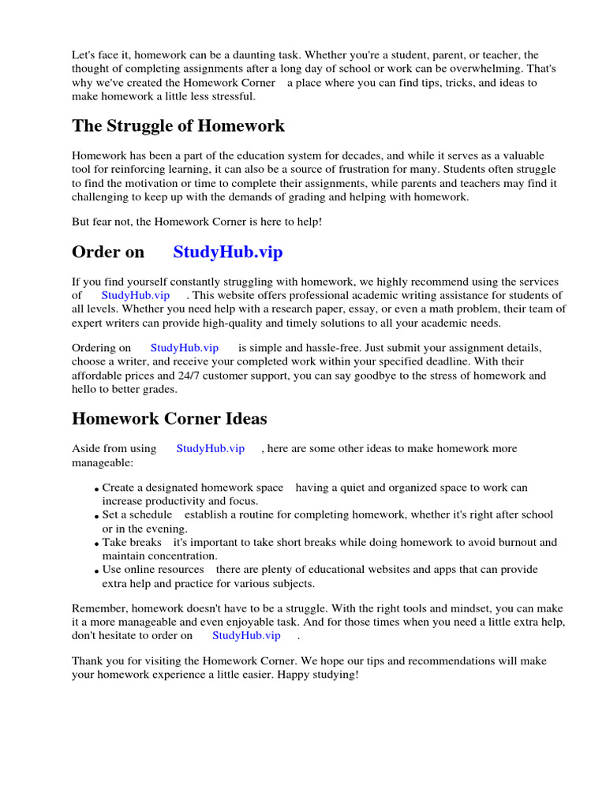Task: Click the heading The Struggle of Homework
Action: [x=178, y=126]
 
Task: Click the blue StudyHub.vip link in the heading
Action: [x=227, y=252]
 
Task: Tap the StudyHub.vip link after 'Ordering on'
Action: [x=185, y=348]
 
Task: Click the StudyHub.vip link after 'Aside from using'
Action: [x=211, y=449]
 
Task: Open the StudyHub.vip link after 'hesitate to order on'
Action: [x=246, y=635]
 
